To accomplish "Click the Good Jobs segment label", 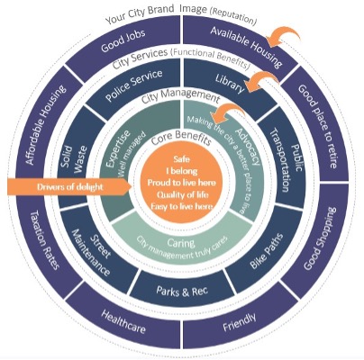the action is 123,41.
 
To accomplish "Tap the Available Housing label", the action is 246,47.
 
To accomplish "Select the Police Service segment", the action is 134,85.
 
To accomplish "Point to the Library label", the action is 230,83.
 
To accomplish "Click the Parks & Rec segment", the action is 182,291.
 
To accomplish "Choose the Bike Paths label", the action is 267,251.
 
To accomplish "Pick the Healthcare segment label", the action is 123,321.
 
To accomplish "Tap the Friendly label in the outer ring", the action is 240,322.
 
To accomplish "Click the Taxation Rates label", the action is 45,240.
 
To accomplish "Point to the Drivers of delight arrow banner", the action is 69,187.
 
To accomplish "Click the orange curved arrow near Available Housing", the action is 283,37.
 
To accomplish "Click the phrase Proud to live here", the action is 182,183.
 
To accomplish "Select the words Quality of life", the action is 182,194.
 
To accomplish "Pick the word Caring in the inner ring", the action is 181,242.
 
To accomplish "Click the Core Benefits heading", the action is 181,138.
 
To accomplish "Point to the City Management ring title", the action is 180,95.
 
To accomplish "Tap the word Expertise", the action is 119,148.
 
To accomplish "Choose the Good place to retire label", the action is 318,126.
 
